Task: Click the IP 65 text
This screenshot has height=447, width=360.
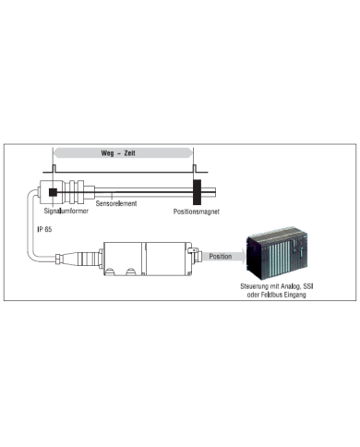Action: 44,226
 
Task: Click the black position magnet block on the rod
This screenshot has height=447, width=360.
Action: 196,192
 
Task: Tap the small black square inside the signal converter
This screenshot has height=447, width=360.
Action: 54,192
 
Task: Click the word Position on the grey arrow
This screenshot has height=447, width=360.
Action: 220,256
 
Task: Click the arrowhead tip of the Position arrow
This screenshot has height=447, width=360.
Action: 241,257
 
